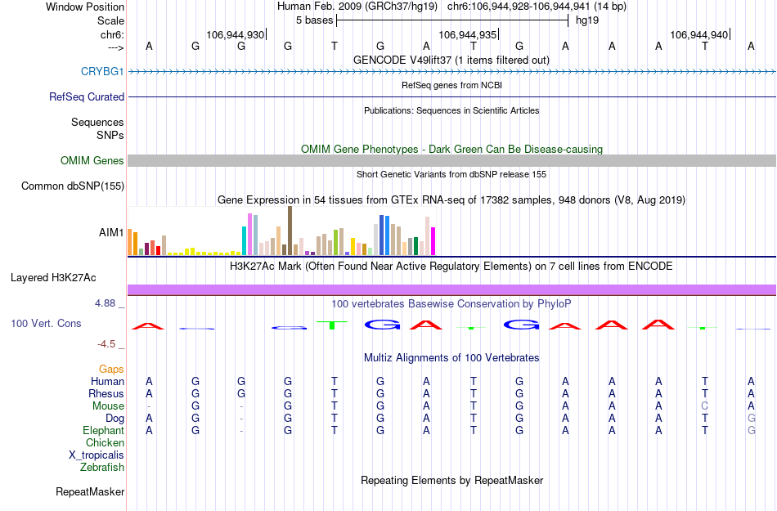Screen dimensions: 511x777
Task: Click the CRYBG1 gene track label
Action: pos(102,71)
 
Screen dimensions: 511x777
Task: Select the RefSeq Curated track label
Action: pos(87,96)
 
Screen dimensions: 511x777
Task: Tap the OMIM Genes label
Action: pos(92,161)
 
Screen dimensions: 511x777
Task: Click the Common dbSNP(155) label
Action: pos(73,186)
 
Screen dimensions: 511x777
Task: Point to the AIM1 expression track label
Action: pos(111,233)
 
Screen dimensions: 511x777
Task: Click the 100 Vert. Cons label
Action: pos(46,324)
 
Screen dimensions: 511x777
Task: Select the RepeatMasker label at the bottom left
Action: pos(90,492)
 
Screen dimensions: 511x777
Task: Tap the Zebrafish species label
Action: pos(102,468)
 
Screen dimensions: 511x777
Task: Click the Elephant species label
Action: pos(103,431)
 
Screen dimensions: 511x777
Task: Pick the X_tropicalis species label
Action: pos(97,455)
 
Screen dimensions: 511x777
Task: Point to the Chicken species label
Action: pos(105,443)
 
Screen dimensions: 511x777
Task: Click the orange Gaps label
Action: pos(112,370)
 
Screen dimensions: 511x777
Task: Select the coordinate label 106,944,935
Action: pos(467,35)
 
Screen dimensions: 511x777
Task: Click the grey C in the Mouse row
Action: pos(704,406)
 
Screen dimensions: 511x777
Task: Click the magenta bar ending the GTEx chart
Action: pos(433,240)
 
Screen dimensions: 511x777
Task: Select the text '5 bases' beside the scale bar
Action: pos(313,20)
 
